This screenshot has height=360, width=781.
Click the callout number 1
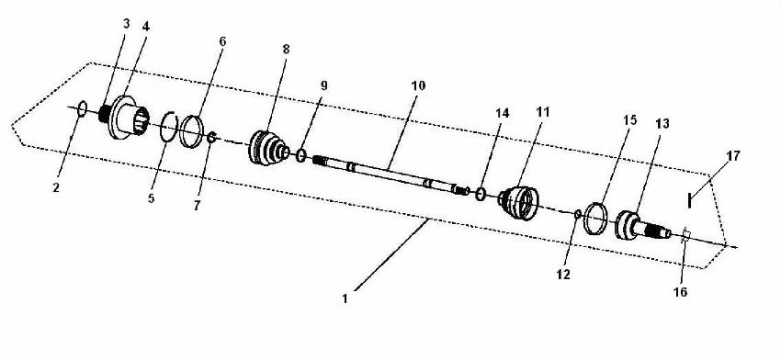345,299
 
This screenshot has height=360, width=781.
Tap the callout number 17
732,156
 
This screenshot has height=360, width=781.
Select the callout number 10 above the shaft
418,85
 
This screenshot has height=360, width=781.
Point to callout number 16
680,292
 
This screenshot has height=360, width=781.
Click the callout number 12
563,275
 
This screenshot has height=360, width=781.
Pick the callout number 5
151,198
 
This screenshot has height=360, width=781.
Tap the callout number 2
56,187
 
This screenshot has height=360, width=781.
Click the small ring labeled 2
83,108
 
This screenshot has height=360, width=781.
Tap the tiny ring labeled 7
211,138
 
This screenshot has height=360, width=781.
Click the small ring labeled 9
301,155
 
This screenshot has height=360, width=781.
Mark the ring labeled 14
481,194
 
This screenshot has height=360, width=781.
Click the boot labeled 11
518,203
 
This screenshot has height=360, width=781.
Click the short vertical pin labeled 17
689,201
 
